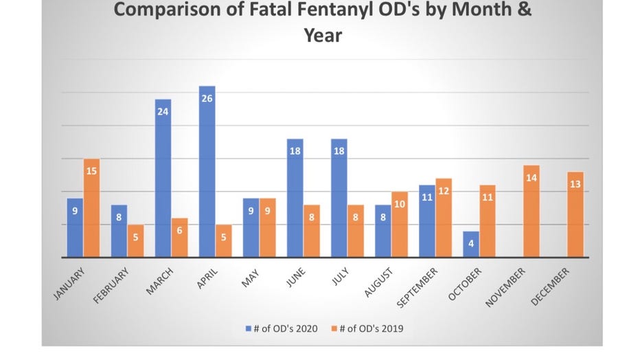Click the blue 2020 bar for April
[207, 172]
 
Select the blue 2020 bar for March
[163, 179]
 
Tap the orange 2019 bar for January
[92, 208]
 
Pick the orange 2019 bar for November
[532, 212]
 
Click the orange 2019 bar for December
[575, 214]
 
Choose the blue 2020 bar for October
[470, 245]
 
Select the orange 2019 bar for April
[224, 241]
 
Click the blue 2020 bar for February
[119, 232]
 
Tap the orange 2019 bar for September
[444, 218]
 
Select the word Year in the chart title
[323, 34]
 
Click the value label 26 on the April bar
[207, 98]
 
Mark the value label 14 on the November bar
[532, 178]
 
